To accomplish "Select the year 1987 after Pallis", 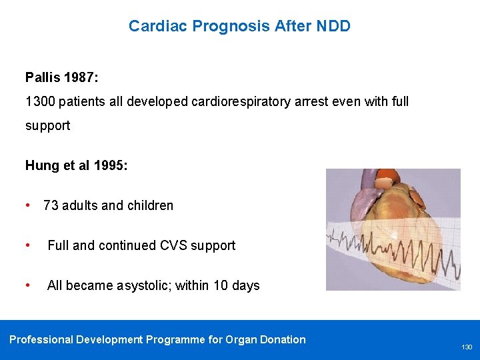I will coord(81,78).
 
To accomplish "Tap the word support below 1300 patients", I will coord(47,125).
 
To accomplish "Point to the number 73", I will coord(51,205).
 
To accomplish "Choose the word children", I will coord(149,205).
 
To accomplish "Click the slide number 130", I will coord(467,347).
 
